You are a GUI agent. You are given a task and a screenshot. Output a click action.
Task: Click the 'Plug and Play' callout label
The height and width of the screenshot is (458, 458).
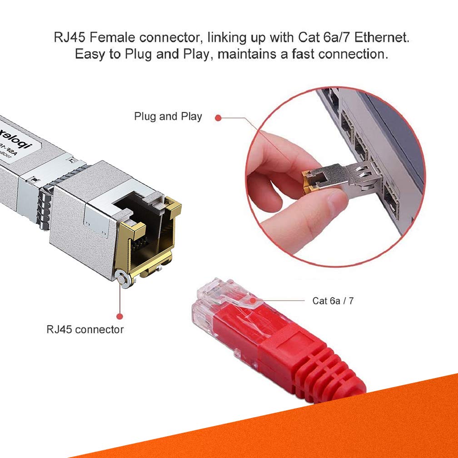tap(168, 116)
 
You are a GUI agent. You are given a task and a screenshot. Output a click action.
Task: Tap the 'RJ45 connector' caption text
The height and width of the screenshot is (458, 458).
tap(85, 329)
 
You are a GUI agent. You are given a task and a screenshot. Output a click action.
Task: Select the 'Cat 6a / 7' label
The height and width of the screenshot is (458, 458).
tap(333, 301)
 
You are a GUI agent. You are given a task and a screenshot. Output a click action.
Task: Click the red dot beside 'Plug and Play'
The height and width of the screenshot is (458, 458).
tap(218, 117)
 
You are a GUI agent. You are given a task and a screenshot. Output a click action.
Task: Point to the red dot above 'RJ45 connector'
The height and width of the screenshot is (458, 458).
tap(120, 315)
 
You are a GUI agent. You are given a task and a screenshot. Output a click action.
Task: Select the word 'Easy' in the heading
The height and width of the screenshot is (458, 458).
tap(90, 54)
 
